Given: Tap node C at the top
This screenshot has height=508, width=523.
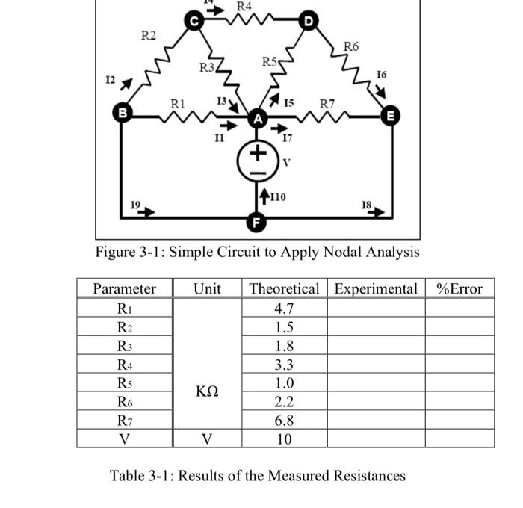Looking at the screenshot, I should click(x=194, y=22).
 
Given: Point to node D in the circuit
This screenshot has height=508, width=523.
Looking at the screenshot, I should click(x=307, y=22).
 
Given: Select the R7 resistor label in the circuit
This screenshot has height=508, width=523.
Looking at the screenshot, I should click(x=328, y=102).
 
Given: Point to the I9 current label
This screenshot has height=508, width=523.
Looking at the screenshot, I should click(x=135, y=203).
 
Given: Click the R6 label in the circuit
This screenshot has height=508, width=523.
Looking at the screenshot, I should click(x=352, y=46).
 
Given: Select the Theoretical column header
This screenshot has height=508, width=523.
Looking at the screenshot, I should click(x=284, y=288).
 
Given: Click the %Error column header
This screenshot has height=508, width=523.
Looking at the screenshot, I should click(x=459, y=288).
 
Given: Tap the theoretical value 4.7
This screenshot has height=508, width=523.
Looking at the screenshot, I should click(x=284, y=308).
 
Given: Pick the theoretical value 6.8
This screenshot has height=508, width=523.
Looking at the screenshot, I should click(x=284, y=421).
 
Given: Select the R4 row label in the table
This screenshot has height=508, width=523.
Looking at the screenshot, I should click(x=124, y=365).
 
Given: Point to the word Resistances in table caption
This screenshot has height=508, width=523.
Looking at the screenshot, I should click(x=364, y=475).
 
